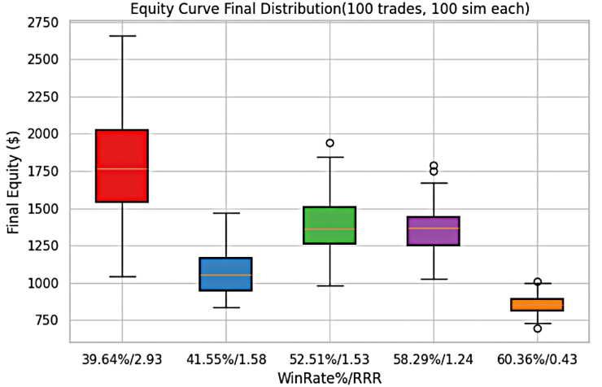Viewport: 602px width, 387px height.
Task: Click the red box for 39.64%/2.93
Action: [x=122, y=166]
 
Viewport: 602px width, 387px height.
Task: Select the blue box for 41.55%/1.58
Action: [x=226, y=274]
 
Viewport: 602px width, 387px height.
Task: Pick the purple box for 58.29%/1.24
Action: [x=434, y=231]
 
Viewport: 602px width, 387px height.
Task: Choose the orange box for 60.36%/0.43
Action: [x=538, y=304]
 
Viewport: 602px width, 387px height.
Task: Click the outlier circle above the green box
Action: [x=330, y=143]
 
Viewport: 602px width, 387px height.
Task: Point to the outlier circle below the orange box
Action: [x=538, y=328]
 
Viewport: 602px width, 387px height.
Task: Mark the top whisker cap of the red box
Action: [x=122, y=36]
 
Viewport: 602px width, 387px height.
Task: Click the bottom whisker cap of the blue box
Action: [x=226, y=307]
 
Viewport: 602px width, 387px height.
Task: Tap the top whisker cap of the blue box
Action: [x=226, y=213]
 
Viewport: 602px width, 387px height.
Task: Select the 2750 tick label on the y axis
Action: [x=42, y=23]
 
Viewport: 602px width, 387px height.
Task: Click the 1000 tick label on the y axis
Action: [x=42, y=284]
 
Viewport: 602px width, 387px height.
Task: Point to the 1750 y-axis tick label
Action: [x=42, y=172]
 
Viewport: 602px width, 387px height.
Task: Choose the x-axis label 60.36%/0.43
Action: [x=538, y=359]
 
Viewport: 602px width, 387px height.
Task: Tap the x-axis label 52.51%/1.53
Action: [x=330, y=359]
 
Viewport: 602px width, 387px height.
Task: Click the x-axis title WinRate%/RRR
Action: [x=329, y=376]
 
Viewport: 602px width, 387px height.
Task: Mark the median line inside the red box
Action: [x=122, y=169]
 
